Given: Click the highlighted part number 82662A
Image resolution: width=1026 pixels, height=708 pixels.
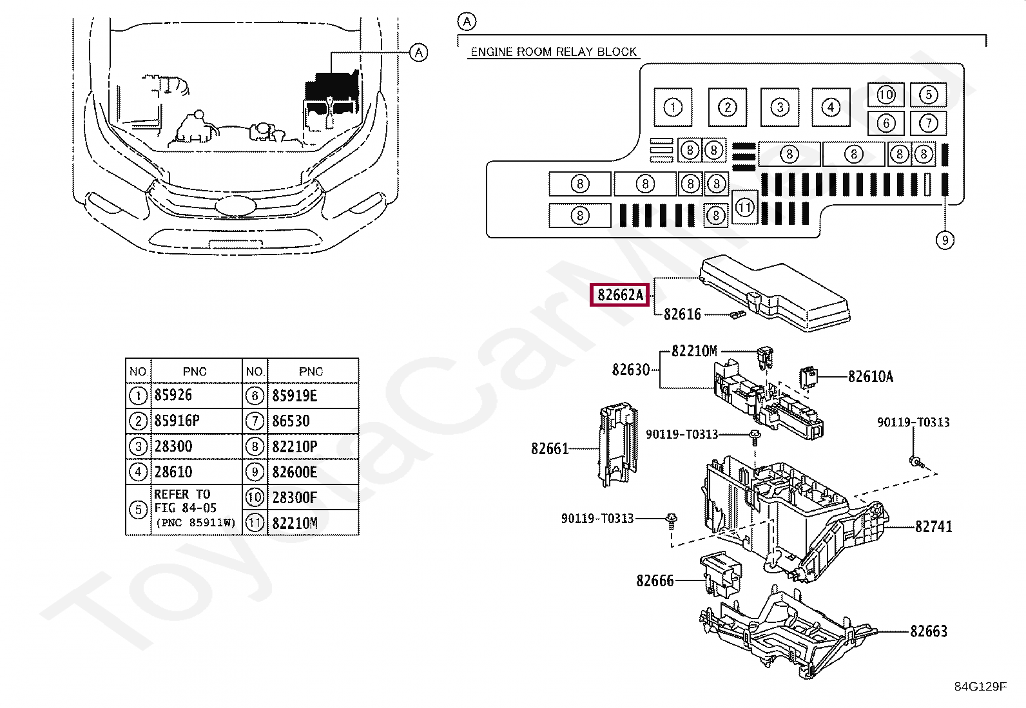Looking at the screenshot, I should (x=620, y=295).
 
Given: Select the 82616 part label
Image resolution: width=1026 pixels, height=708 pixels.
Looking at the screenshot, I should (x=682, y=314).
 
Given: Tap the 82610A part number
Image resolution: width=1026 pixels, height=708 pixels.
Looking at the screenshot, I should (x=870, y=377).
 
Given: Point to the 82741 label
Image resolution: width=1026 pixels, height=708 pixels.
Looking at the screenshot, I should (x=933, y=527).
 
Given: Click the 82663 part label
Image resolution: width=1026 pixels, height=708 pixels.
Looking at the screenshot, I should (x=929, y=631).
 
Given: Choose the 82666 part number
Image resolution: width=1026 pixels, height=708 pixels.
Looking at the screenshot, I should (x=655, y=581).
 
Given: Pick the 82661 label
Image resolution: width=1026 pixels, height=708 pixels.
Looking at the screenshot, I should (x=550, y=448).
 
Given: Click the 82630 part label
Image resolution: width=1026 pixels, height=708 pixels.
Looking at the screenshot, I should (x=631, y=370).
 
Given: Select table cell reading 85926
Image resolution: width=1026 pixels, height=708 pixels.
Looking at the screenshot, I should (x=173, y=395).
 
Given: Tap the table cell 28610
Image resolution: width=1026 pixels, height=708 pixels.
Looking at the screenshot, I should (x=173, y=472).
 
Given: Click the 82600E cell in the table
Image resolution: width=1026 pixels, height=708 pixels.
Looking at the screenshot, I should (x=295, y=472).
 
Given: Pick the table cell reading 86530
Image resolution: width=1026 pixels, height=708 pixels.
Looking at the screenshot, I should (x=291, y=421).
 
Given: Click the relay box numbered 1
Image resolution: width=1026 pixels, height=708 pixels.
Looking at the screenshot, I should (x=673, y=107).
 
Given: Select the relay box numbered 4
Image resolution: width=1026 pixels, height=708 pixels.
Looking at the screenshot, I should (x=831, y=107).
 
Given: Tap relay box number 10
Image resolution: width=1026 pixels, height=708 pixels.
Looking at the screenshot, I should (x=886, y=95).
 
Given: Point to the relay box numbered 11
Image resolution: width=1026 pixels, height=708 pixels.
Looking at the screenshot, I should (x=745, y=207).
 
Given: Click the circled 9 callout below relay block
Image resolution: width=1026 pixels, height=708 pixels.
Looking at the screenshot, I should (x=944, y=240).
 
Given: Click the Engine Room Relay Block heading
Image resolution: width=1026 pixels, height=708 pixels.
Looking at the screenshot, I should (x=553, y=52).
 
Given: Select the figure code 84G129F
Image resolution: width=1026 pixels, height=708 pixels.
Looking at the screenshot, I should (x=980, y=686).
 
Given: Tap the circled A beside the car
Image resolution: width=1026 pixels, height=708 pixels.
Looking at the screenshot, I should (x=419, y=52).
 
